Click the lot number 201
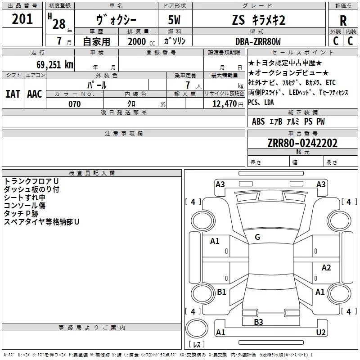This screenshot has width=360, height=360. tap(22, 19)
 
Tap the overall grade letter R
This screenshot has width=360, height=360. tap(343, 21)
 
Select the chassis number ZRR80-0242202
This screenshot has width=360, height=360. tap(302, 143)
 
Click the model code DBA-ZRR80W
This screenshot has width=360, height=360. tap(258, 41)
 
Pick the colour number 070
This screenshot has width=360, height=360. tap(74, 104)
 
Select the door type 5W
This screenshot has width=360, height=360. tap(175, 21)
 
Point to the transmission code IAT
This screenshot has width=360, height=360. tap(13, 94)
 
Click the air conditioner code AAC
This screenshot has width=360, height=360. tap(35, 94)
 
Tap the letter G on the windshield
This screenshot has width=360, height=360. tap(257, 237)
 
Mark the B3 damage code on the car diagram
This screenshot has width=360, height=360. tap(258, 322)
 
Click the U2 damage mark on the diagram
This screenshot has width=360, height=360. tap(321, 332)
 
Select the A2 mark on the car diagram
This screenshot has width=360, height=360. tap(326, 268)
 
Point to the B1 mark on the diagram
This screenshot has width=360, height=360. tap(221, 292)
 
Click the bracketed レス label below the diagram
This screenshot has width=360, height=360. tap(196, 345)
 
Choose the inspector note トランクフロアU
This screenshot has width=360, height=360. tap(31, 181)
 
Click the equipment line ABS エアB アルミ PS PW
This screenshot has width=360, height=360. tap(288, 121)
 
